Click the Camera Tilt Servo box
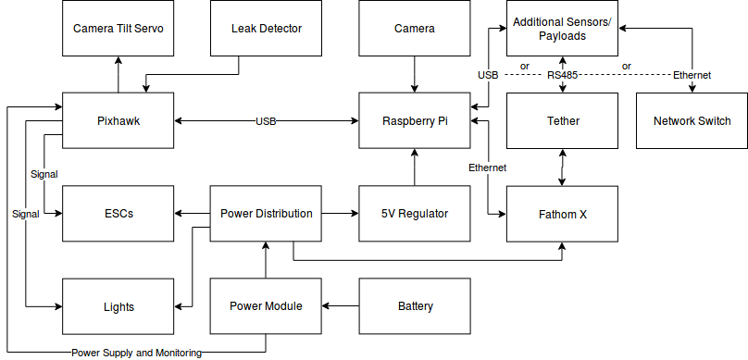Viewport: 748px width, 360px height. click(118, 29)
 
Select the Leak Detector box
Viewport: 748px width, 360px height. click(266, 29)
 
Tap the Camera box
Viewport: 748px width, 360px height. click(414, 29)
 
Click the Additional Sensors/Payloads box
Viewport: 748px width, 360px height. click(562, 28)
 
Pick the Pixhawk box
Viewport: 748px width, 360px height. click(118, 121)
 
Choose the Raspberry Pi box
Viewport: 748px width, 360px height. click(414, 121)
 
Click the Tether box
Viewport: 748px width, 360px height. click(562, 121)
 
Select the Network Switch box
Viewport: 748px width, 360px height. click(692, 121)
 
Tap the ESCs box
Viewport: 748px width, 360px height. click(118, 214)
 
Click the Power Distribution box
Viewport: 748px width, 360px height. click(266, 214)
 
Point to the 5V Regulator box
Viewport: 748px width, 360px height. click(414, 214)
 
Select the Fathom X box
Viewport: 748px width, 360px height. click(562, 214)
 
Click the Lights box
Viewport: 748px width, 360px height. click(118, 306)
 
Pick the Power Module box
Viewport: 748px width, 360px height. click(266, 306)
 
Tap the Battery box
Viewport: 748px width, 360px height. click(414, 306)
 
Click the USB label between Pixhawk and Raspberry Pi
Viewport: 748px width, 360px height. click(266, 121)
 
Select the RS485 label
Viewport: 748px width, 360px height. click(562, 74)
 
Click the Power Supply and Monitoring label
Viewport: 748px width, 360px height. click(136, 353)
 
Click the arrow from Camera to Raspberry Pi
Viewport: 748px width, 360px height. click(414, 74)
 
